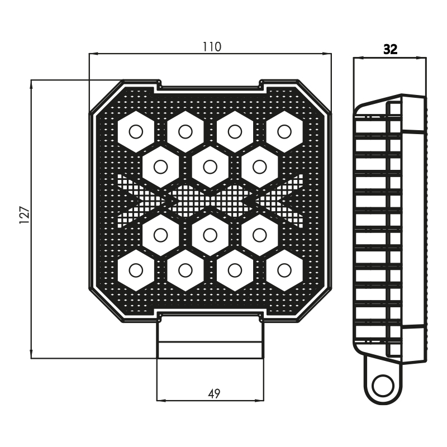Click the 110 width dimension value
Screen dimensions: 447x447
[x=212, y=47]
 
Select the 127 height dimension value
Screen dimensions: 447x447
[x=25, y=215]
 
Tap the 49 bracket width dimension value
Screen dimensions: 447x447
[x=214, y=394]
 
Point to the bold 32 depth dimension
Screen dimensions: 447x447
[x=390, y=50]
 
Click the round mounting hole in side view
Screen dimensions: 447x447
[x=383, y=386]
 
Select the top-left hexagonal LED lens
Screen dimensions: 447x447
[x=136, y=132]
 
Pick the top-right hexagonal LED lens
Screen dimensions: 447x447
[x=284, y=132]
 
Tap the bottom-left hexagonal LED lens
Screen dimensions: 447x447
[x=136, y=270]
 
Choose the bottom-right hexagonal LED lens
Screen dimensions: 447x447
[x=284, y=270]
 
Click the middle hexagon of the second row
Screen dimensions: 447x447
[x=210, y=167]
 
